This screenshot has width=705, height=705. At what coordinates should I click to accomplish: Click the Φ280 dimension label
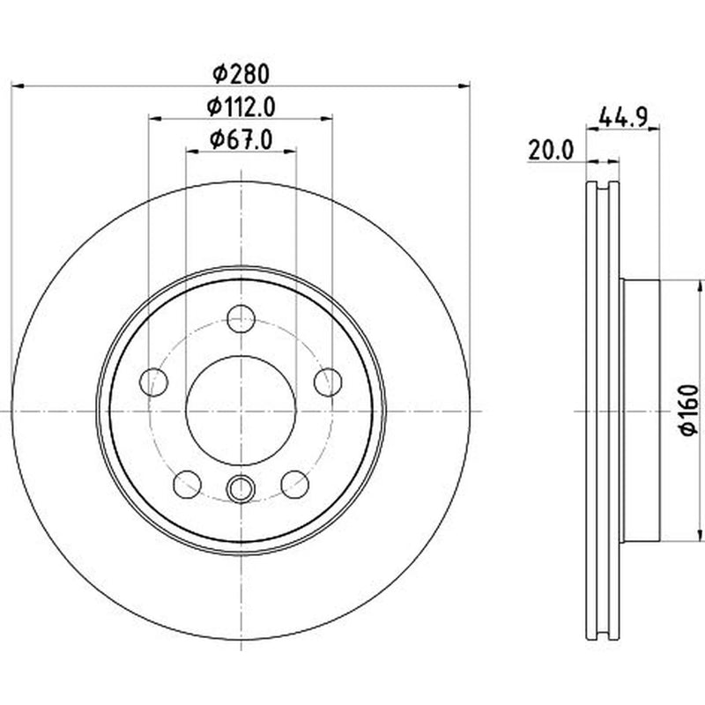[x=241, y=74]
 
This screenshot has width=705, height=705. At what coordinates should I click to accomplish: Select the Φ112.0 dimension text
[x=241, y=107]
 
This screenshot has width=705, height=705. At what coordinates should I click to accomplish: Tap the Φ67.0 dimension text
[x=241, y=140]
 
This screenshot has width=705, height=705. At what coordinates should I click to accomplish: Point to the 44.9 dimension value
[x=623, y=118]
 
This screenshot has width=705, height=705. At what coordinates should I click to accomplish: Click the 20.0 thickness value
[x=552, y=150]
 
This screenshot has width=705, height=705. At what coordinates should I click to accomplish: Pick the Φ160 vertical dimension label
[x=689, y=410]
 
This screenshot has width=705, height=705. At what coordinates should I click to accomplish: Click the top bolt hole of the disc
[x=241, y=319]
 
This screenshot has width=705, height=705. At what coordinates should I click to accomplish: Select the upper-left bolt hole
[x=154, y=382]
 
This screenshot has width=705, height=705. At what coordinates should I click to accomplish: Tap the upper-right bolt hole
[x=328, y=382]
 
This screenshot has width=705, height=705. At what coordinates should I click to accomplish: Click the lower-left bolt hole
[x=188, y=484]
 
